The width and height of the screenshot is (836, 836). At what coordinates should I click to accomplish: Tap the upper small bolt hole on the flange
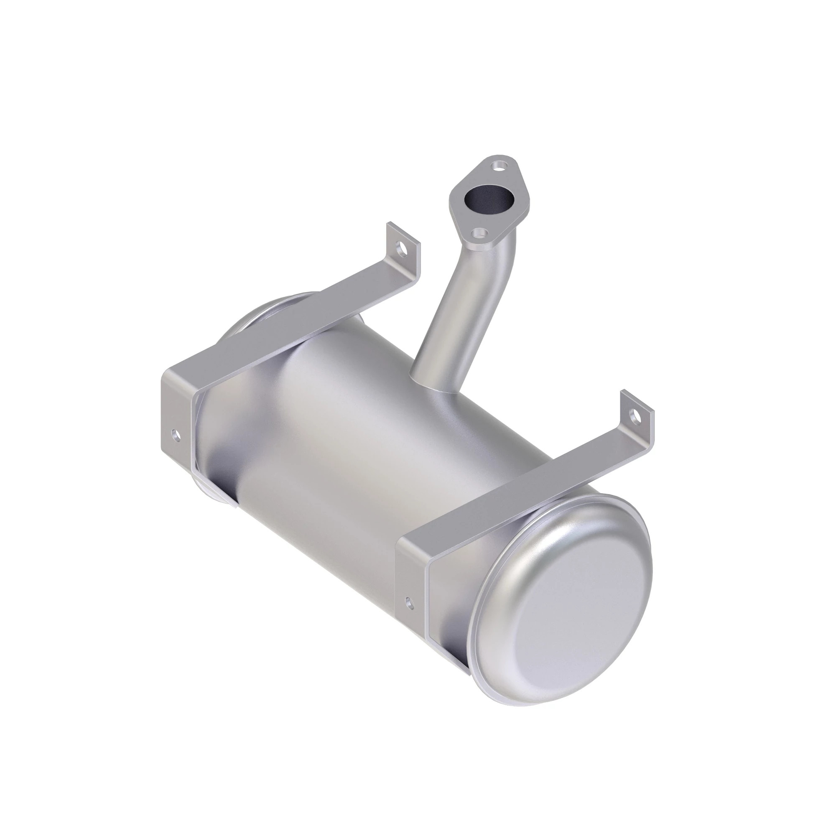pyautogui.click(x=500, y=165)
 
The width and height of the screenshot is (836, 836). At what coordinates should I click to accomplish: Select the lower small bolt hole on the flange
pyautogui.click(x=479, y=233)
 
